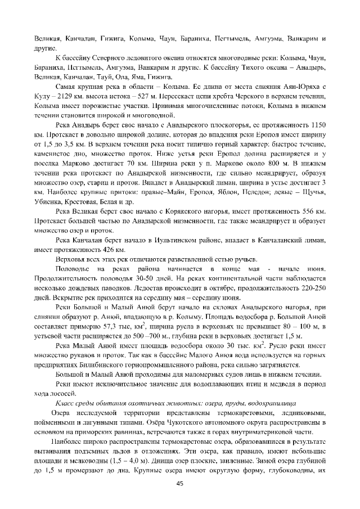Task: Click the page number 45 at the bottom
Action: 180,483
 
